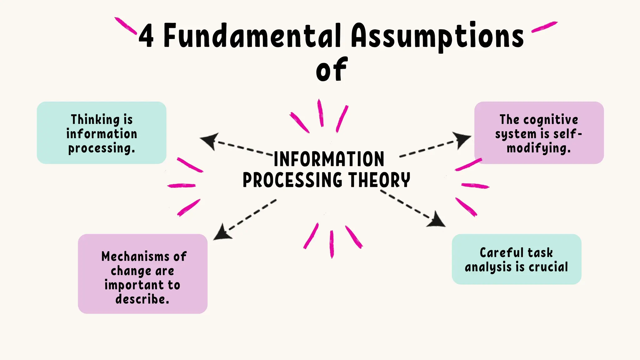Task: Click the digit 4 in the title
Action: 146,36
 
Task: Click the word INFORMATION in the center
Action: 329,159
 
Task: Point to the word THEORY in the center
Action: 379,180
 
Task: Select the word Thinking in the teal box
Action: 95,120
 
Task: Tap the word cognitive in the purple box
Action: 551,120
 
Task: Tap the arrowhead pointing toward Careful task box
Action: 437,220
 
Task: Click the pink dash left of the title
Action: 126,26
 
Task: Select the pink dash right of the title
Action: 544,27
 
